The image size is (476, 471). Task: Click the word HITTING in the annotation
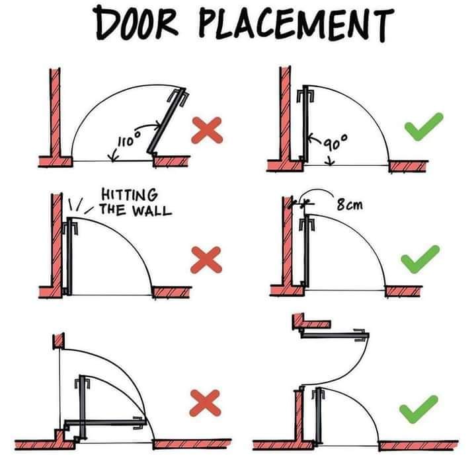pos(129,196)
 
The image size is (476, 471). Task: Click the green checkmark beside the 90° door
pos(423,126)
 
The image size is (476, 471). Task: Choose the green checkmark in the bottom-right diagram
pos(419,406)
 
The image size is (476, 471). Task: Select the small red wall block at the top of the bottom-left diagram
pos(58,341)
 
